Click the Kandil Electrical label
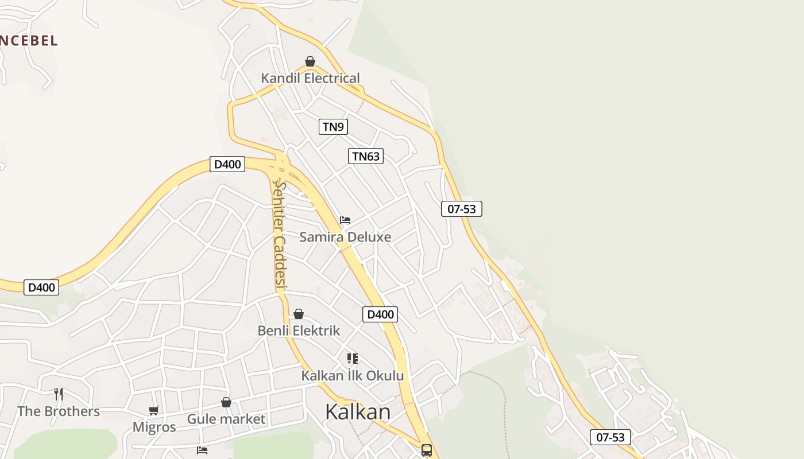click(310, 78)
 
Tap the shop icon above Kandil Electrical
click(310, 61)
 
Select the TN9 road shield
click(333, 127)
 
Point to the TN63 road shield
click(366, 156)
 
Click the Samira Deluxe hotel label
click(345, 237)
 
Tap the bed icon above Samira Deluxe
click(345, 220)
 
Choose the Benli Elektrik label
click(299, 330)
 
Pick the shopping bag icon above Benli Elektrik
click(299, 314)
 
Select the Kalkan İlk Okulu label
click(353, 376)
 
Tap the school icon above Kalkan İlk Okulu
click(353, 359)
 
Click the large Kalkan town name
click(358, 411)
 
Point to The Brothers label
click(59, 411)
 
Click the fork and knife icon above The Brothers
click(59, 394)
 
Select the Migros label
click(154, 427)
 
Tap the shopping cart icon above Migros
click(153, 410)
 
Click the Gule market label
click(226, 419)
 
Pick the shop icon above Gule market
click(226, 402)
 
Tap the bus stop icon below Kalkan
click(426, 450)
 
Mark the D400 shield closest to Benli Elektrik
click(380, 314)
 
